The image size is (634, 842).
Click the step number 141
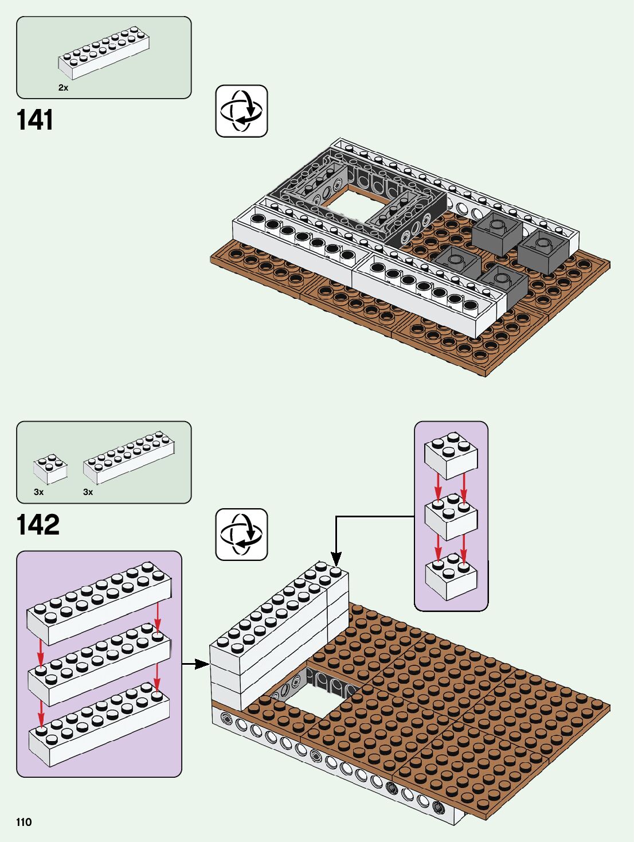[x=34, y=120]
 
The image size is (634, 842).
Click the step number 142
[x=38, y=524]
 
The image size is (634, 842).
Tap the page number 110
[x=24, y=822]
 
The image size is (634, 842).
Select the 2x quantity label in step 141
[x=63, y=88]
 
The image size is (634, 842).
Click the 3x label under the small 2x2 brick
[x=39, y=492]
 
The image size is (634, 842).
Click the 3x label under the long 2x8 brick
[x=88, y=492]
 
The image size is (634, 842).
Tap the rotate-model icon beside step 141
[x=241, y=111]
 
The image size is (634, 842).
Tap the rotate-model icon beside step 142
[x=241, y=535]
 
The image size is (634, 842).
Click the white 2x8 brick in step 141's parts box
[x=104, y=53]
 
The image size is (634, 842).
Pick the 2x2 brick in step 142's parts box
[x=50, y=469]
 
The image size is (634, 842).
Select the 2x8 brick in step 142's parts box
[x=129, y=458]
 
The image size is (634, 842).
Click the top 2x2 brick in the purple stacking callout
[x=451, y=456]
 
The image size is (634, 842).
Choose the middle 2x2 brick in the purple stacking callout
[x=451, y=517]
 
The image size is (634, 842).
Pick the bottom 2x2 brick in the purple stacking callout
[x=451, y=576]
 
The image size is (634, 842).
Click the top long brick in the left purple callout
[x=99, y=603]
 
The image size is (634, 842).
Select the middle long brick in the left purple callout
[x=99, y=664]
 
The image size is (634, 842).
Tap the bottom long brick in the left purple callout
[x=99, y=725]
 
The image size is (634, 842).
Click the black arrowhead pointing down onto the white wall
[x=336, y=559]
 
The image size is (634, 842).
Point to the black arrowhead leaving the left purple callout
[x=203, y=664]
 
